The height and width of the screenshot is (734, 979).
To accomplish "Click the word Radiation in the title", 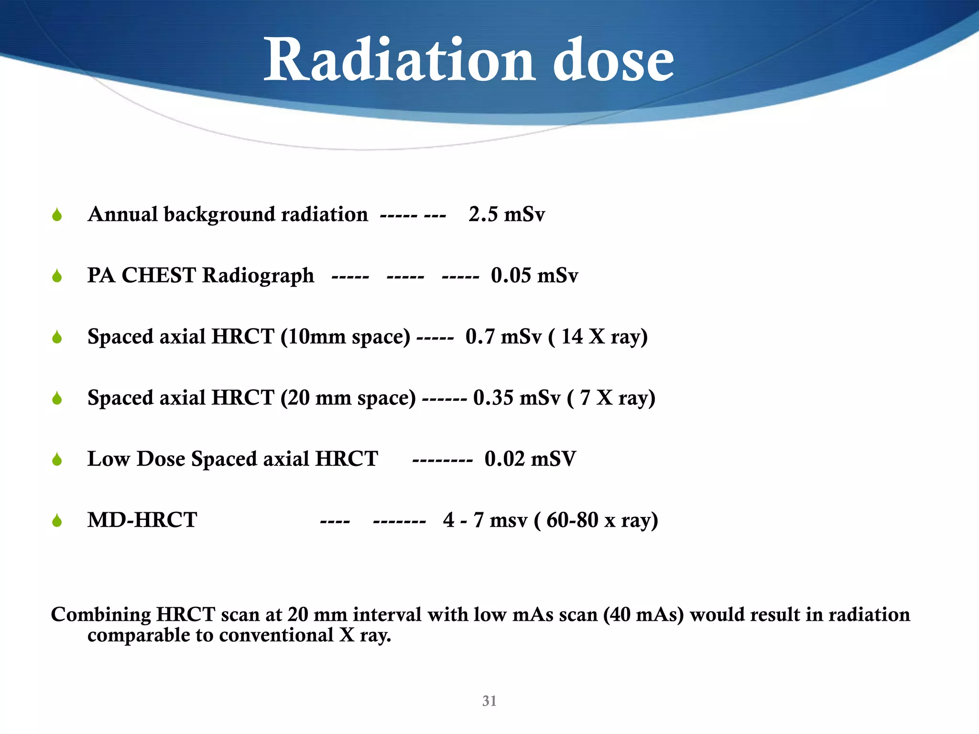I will (399, 61).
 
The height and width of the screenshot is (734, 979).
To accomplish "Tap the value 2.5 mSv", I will (506, 215).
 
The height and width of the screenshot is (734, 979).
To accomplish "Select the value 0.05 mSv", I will (534, 276).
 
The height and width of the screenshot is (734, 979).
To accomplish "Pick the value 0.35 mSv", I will (516, 398).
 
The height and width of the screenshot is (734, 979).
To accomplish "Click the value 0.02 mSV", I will (530, 459).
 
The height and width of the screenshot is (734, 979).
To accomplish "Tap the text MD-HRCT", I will (142, 520).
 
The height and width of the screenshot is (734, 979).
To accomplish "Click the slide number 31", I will (489, 701).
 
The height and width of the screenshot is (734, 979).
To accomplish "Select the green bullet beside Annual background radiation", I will (57, 215).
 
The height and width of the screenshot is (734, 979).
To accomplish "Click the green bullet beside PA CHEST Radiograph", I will (57, 276).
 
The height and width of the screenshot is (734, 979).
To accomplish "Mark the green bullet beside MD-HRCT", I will (57, 521).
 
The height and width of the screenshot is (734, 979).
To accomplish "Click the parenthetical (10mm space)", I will (345, 337).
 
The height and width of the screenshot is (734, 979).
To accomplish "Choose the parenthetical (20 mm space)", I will (348, 398).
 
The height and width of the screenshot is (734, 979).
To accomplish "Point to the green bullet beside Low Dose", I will (57, 460).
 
